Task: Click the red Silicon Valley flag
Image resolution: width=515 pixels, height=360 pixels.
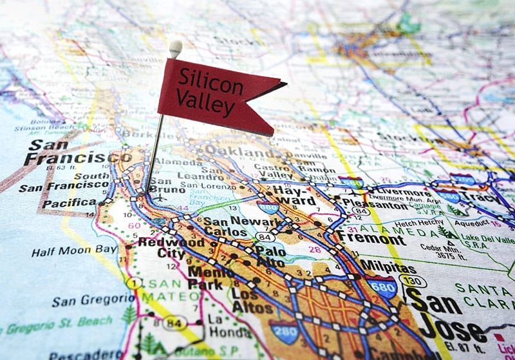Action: (x=212, y=93)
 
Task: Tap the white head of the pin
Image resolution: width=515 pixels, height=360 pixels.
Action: (x=175, y=46)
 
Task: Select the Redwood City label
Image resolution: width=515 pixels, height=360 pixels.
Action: (x=171, y=248)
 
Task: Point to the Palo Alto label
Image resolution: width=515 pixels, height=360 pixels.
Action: (x=270, y=256)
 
